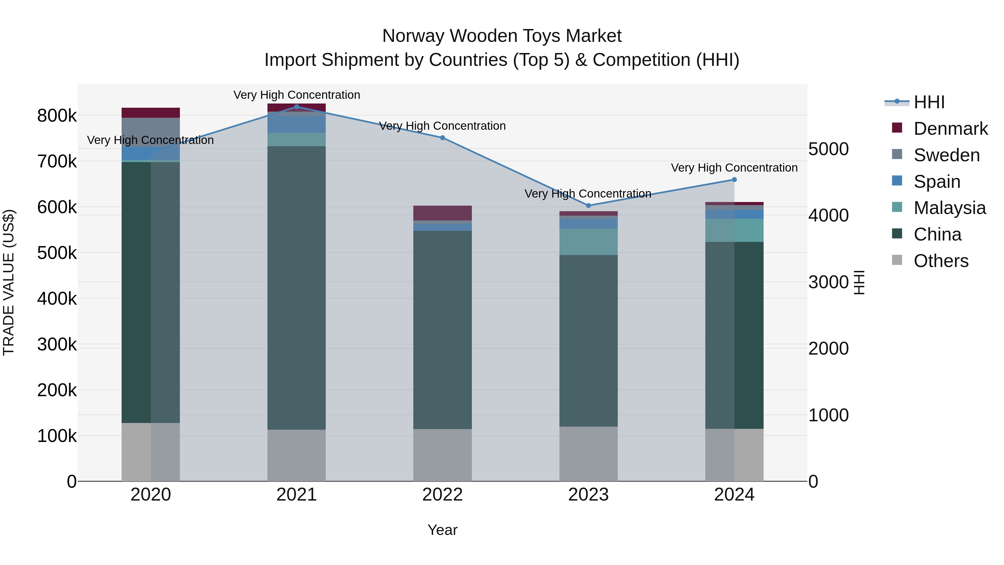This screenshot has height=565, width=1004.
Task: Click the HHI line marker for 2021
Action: pyautogui.click(x=297, y=107)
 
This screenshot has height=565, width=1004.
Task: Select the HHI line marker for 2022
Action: pyautogui.click(x=442, y=138)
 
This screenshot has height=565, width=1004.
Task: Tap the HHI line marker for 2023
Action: pyautogui.click(x=588, y=205)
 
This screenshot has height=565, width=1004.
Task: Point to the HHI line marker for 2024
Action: pyautogui.click(x=734, y=180)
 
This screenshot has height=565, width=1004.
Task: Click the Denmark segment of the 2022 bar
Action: pyautogui.click(x=442, y=213)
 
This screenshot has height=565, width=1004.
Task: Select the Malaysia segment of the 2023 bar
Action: pyautogui.click(x=588, y=242)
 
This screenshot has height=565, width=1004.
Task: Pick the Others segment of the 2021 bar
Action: pyautogui.click(x=297, y=455)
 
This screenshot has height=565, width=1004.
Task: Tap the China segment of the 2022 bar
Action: pyautogui.click(x=442, y=330)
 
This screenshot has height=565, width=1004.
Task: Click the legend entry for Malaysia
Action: pyautogui.click(x=949, y=208)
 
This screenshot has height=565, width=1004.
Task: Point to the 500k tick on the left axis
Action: pyautogui.click(x=57, y=253)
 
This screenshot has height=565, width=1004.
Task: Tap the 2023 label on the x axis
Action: pyautogui.click(x=588, y=495)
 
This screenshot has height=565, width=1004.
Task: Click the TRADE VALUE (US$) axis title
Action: pyautogui.click(x=9, y=282)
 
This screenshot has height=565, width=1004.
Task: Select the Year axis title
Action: pyautogui.click(x=442, y=530)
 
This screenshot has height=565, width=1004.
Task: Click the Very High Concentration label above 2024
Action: pyautogui.click(x=734, y=168)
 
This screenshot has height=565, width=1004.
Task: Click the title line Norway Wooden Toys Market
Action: pyautogui.click(x=502, y=36)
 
